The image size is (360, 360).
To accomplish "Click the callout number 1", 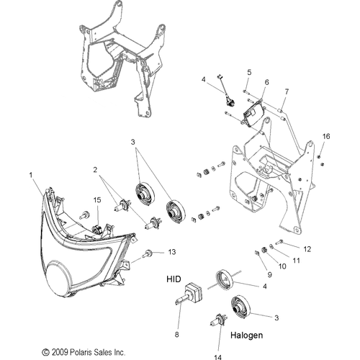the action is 31,175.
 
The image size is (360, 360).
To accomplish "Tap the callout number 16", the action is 326,136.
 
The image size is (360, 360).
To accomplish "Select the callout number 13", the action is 172,252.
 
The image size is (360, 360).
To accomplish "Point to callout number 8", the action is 177,335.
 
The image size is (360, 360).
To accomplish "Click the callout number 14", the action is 217,357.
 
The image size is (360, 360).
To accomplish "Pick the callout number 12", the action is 307,249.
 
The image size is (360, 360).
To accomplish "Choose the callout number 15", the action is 97,200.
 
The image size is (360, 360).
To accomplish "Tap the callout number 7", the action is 287,91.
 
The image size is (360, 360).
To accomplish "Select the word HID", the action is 174,279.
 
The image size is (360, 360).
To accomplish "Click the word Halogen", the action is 247,335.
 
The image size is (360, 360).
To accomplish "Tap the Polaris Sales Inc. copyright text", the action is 84,352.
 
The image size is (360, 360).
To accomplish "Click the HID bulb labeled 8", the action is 189,293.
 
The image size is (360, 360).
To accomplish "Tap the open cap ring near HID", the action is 225,280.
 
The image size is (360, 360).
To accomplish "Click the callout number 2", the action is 95,170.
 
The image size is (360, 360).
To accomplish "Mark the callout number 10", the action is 282,266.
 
